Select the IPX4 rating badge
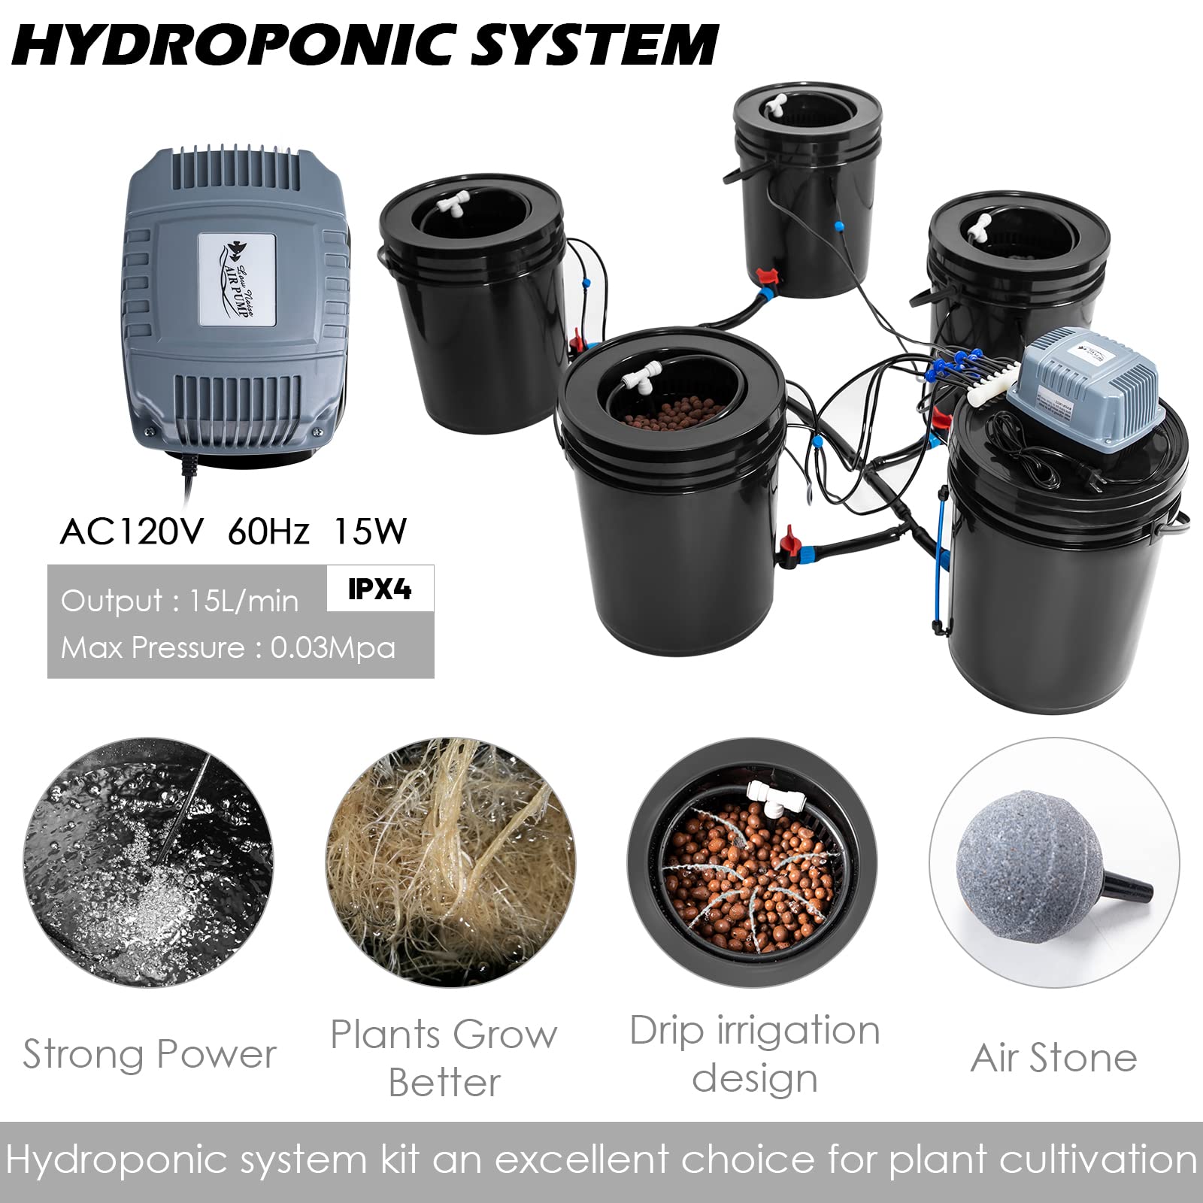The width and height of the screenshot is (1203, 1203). [380, 589]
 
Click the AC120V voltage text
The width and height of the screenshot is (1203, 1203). [132, 532]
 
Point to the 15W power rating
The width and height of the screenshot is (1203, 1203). [369, 532]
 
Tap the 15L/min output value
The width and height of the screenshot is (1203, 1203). [243, 601]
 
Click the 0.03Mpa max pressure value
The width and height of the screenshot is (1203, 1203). [332, 648]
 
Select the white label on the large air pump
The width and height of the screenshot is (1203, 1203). [237, 279]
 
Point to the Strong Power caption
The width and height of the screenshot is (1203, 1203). [150, 1054]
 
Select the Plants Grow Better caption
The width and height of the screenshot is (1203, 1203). [444, 1058]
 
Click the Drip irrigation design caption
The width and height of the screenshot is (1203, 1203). [754, 1054]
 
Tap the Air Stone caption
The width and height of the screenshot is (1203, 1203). [1053, 1058]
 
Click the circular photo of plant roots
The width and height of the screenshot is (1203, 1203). [450, 862]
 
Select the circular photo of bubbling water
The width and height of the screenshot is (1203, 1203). [148, 862]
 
